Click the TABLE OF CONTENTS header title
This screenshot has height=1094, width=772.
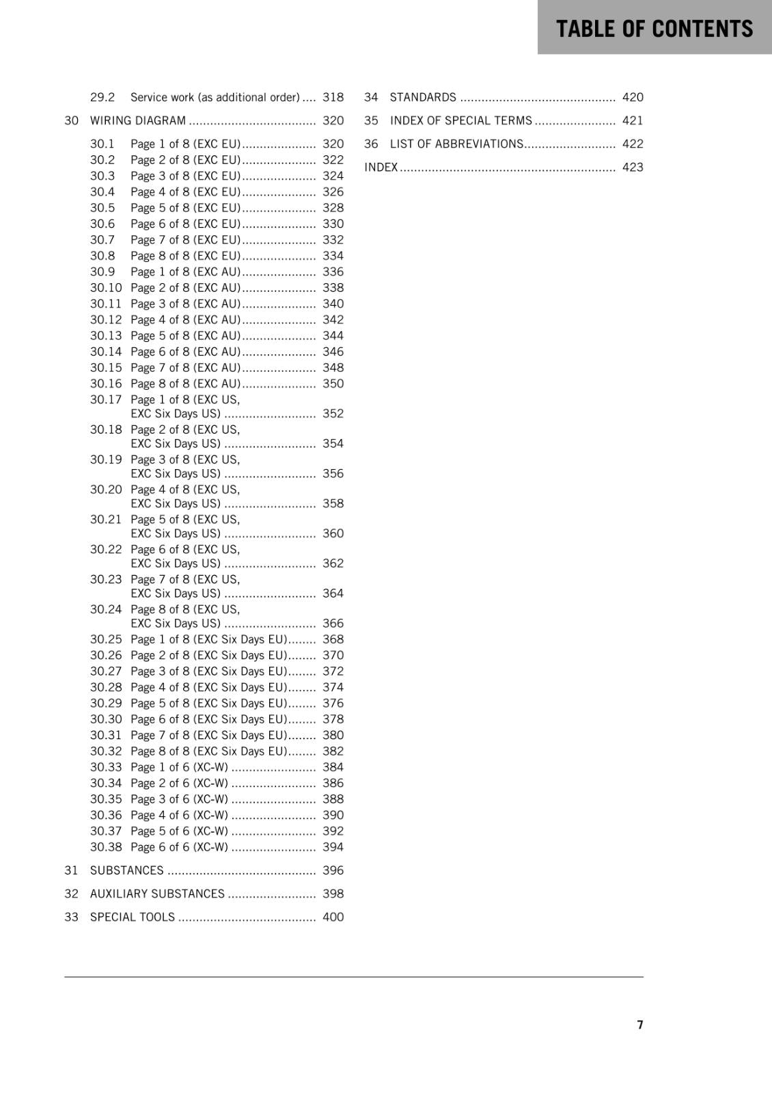654,29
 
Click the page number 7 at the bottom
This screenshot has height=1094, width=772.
640,1024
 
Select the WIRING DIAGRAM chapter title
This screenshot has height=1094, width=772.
138,120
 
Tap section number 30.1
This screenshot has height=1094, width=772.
102,144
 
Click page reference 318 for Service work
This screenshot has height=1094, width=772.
333,97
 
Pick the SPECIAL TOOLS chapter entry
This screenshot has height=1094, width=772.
133,917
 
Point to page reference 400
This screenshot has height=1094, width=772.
333,917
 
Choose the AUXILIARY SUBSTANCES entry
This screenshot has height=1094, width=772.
157,894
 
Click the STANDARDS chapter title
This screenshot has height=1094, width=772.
423,97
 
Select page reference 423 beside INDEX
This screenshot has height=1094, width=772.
633,167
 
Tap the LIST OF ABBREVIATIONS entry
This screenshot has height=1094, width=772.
456,144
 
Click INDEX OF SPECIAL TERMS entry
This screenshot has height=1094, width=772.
460,120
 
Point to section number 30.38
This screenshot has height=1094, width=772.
106,846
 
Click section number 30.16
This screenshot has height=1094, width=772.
106,384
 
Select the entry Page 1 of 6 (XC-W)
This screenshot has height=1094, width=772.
179,767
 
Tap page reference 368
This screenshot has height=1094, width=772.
333,639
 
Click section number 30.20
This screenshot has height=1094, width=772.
106,490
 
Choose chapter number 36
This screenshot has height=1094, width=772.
371,144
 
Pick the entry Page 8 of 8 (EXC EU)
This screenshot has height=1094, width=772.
185,256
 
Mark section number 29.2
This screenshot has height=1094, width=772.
102,97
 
